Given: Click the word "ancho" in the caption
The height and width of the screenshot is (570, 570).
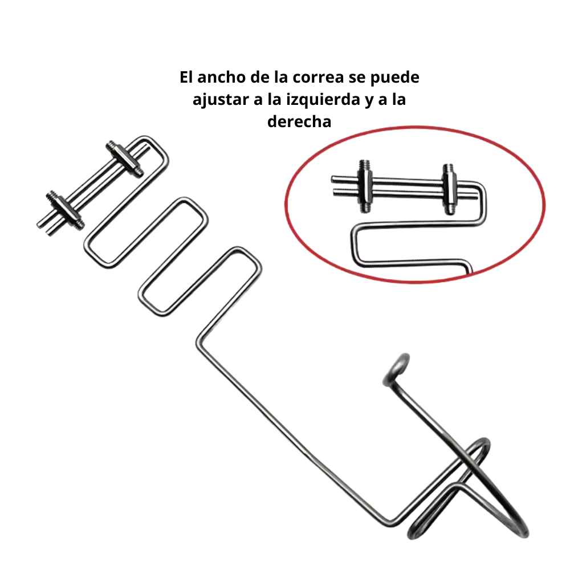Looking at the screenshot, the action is (221, 77).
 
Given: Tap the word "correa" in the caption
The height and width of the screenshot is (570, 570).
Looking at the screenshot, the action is (318, 78).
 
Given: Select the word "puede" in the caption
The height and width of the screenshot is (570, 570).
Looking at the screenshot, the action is (395, 78).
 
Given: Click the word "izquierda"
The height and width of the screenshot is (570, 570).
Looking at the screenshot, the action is (323, 100).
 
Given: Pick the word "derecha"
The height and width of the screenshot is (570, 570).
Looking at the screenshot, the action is (299, 121).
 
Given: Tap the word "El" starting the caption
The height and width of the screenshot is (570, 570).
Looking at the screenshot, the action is (186, 77).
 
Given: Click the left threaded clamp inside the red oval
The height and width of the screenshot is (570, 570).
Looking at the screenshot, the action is (365, 186).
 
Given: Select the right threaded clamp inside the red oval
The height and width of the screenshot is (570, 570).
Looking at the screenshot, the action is (450, 189).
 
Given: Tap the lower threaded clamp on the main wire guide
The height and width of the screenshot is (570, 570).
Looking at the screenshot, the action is (66, 210).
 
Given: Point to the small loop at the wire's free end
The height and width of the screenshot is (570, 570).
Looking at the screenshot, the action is (397, 369).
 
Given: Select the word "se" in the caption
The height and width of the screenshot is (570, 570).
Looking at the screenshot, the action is (357, 78).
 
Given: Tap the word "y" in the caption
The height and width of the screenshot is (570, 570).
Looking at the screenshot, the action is (370, 101).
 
